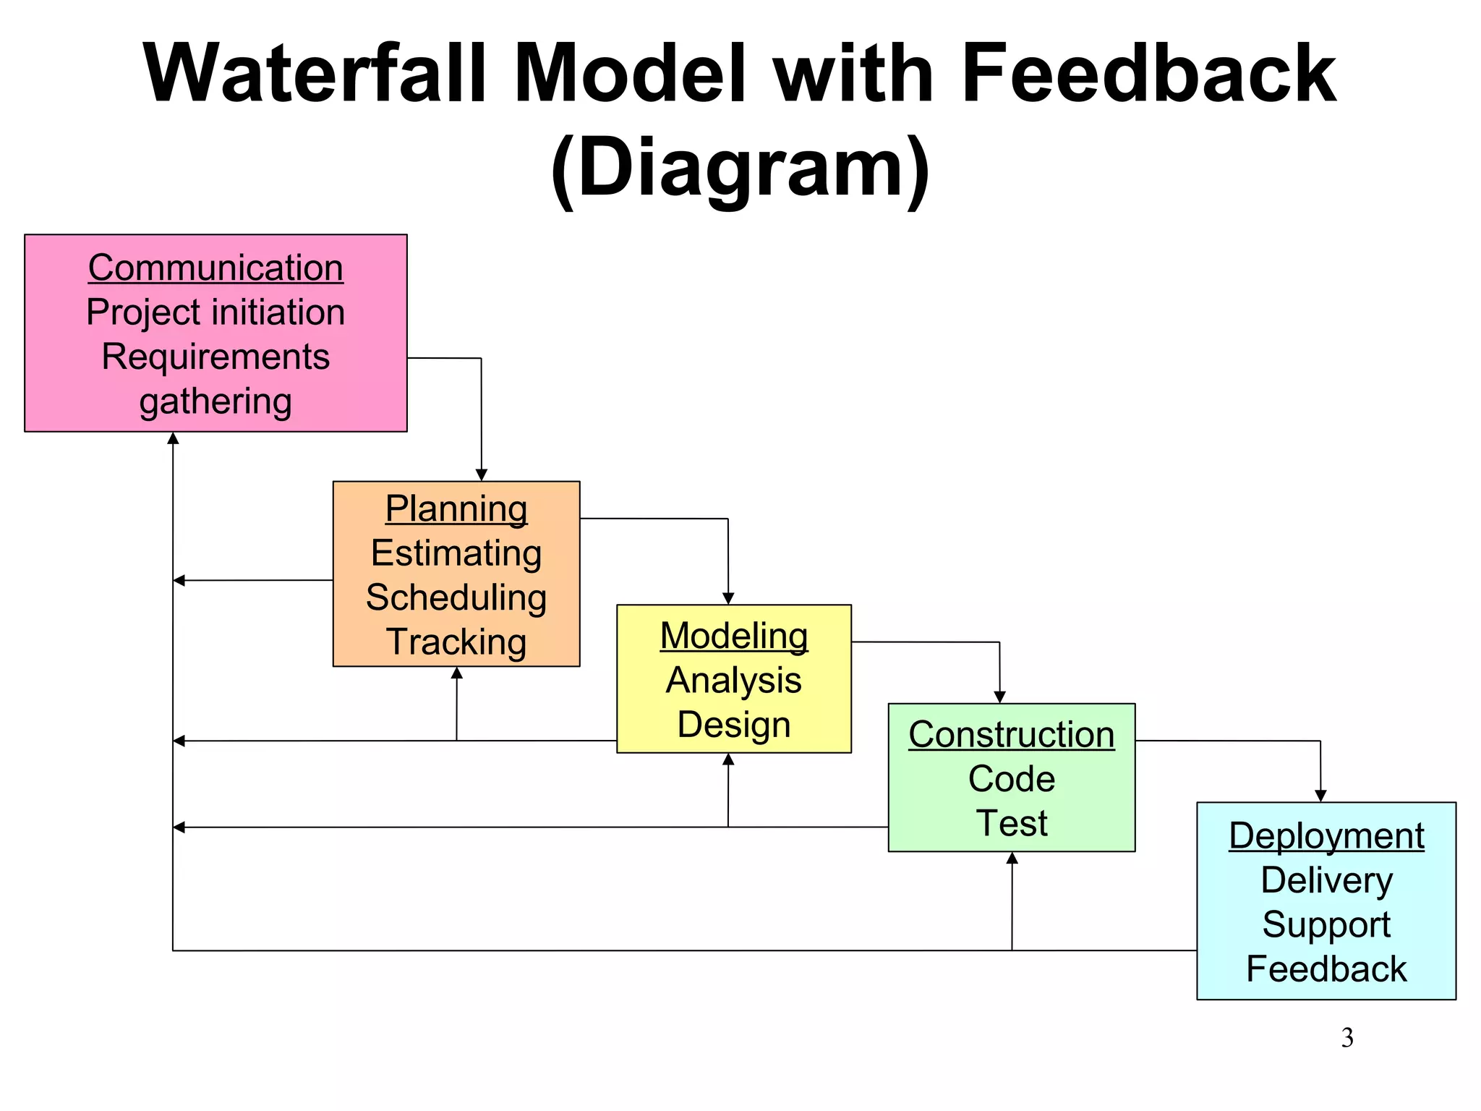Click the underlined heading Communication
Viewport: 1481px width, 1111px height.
pyautogui.click(x=215, y=268)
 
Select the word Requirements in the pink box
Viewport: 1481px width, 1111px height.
pyautogui.click(x=215, y=357)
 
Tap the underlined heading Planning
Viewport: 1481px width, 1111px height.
pyautogui.click(x=456, y=508)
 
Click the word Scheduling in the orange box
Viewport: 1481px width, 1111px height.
pyautogui.click(x=456, y=597)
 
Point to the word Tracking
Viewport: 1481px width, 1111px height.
pyautogui.click(x=456, y=642)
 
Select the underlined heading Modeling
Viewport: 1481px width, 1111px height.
pyautogui.click(x=734, y=636)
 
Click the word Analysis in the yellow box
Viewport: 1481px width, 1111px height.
pyautogui.click(x=734, y=681)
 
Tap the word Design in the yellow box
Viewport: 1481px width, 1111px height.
pyautogui.click(x=734, y=725)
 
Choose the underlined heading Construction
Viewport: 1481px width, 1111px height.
pyautogui.click(x=1012, y=735)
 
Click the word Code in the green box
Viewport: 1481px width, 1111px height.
pyautogui.click(x=1012, y=779)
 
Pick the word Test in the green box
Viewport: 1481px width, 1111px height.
pyautogui.click(x=1012, y=823)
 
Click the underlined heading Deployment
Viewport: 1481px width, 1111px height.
pyautogui.click(x=1326, y=836)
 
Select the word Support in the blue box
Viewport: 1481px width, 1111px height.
pyautogui.click(x=1326, y=924)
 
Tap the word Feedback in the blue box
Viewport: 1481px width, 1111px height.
pyautogui.click(x=1326, y=969)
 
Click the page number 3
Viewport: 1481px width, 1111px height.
pyautogui.click(x=1347, y=1038)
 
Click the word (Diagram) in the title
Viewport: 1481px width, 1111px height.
pyautogui.click(x=740, y=169)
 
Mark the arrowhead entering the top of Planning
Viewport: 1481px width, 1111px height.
pyautogui.click(x=482, y=474)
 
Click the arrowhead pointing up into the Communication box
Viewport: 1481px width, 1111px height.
pyautogui.click(x=173, y=438)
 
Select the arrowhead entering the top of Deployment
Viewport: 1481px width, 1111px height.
pyautogui.click(x=1320, y=796)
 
